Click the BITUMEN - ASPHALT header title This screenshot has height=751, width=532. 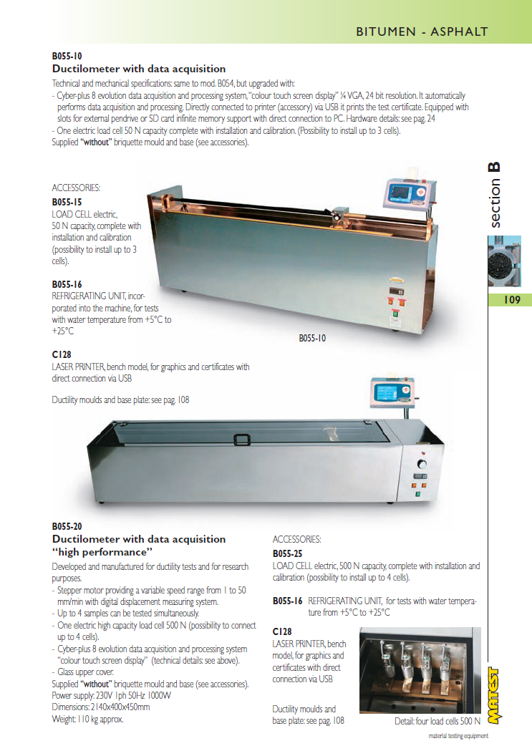click(x=422, y=32)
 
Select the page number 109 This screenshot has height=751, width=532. click(x=511, y=300)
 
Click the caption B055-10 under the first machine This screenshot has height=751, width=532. click(x=312, y=338)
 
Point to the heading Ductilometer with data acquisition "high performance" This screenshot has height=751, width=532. click(x=138, y=546)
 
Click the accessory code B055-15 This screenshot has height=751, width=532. click(x=67, y=202)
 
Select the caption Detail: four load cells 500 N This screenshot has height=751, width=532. click(x=437, y=721)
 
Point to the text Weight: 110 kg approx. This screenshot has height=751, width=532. click(x=88, y=719)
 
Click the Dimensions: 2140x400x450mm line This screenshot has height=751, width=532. click(x=101, y=707)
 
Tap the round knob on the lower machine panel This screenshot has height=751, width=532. click(x=422, y=465)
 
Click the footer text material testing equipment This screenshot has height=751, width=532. click(x=458, y=736)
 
